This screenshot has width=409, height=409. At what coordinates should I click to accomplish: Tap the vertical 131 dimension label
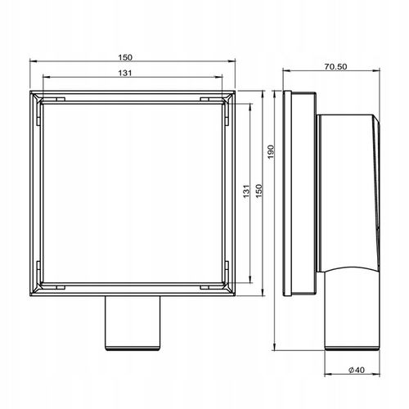tap(245, 192)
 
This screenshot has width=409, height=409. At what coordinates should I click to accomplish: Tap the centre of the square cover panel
tap(132, 192)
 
